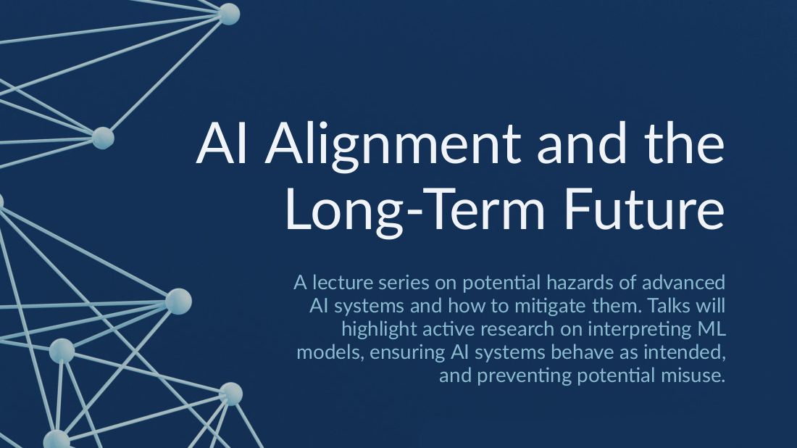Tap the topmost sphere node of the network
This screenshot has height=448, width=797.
[229, 13]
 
